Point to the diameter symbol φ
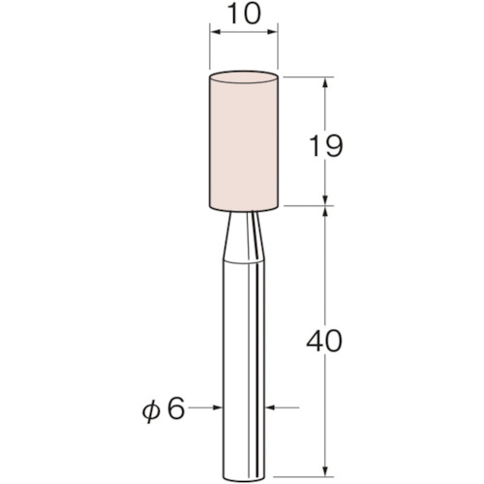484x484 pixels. [147, 408]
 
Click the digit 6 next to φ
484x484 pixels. [175, 408]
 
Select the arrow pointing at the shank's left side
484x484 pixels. [214, 408]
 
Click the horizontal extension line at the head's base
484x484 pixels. [310, 205]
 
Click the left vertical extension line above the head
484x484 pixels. [211, 48]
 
